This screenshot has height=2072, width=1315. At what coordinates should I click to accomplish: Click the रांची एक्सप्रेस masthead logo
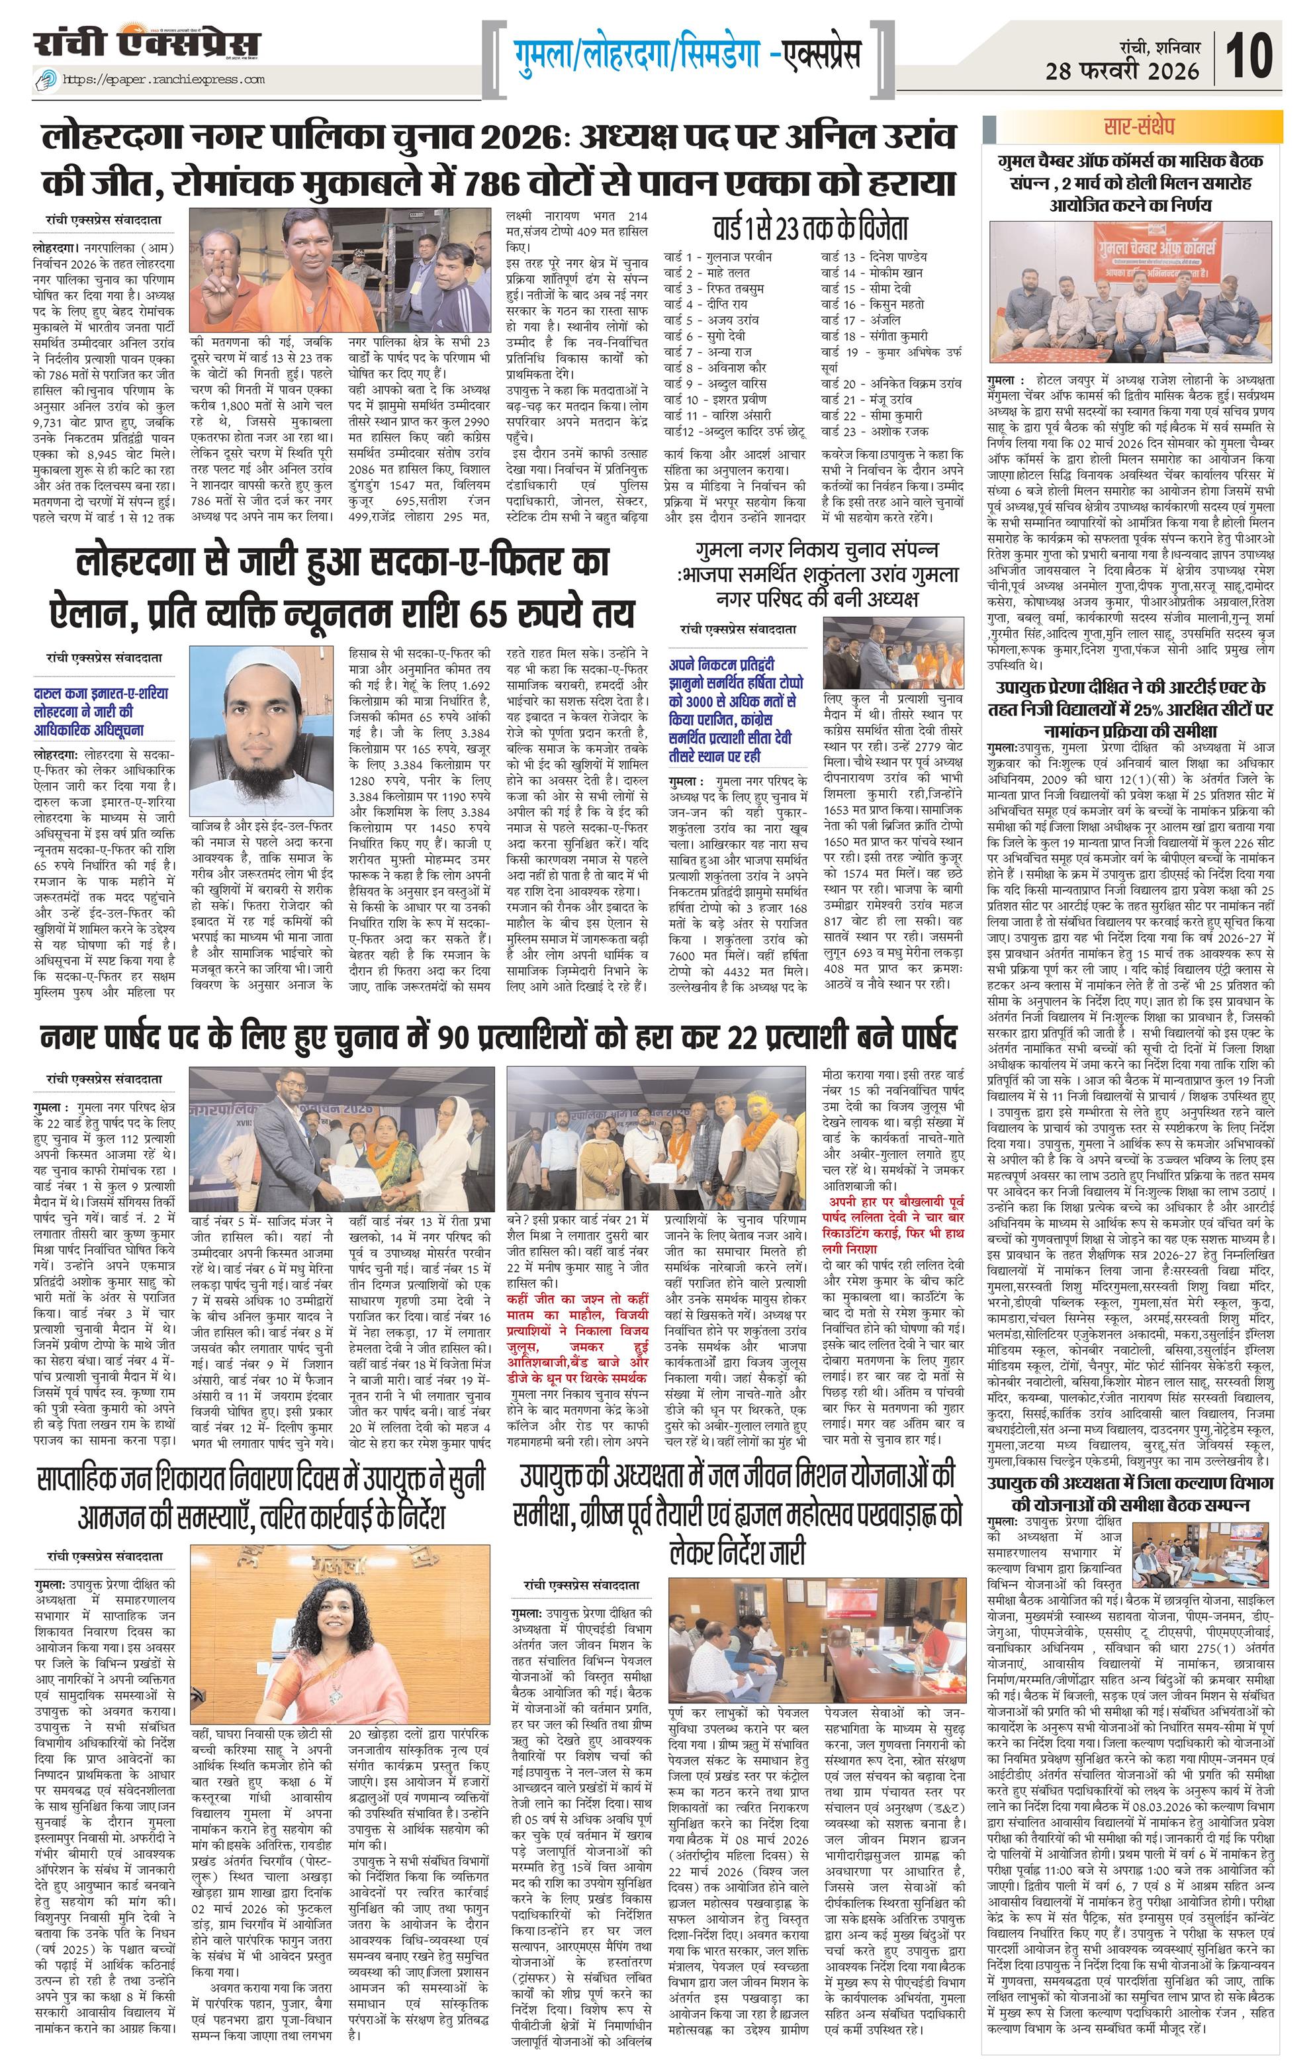pyautogui.click(x=146, y=44)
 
